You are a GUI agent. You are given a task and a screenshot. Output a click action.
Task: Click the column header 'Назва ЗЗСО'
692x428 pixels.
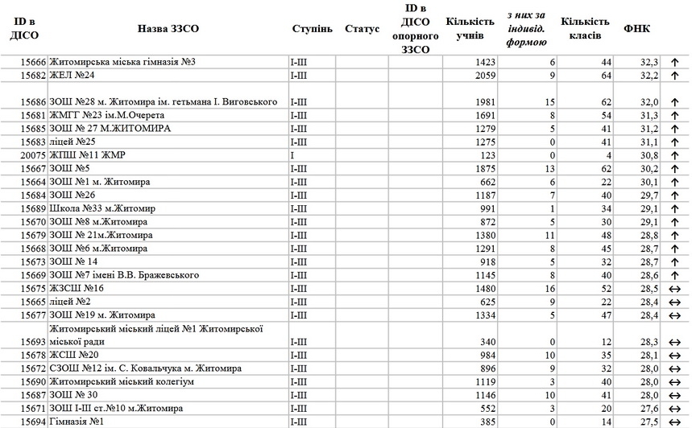pos(168,29)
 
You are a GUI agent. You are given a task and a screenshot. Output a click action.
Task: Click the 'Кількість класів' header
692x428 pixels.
pos(586,29)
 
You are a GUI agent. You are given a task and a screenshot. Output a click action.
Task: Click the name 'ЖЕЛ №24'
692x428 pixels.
pos(73,76)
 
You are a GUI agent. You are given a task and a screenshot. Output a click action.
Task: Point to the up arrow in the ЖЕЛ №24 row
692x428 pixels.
pos(674,76)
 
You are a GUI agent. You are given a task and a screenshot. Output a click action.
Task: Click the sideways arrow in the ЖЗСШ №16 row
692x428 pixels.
pos(674,288)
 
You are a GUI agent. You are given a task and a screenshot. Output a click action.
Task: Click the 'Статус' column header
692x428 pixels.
pos(362,29)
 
